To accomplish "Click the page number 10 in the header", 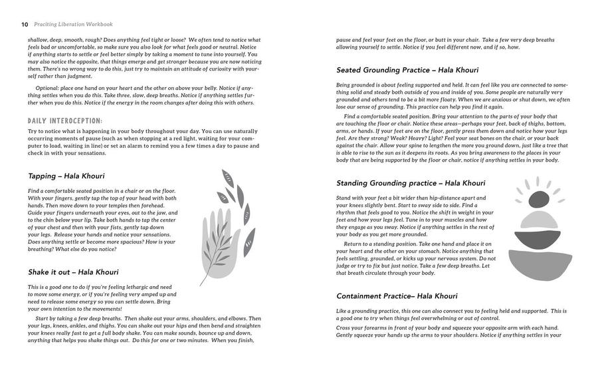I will click(x=24, y=25).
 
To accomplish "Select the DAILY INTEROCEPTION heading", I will click(x=65, y=120).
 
